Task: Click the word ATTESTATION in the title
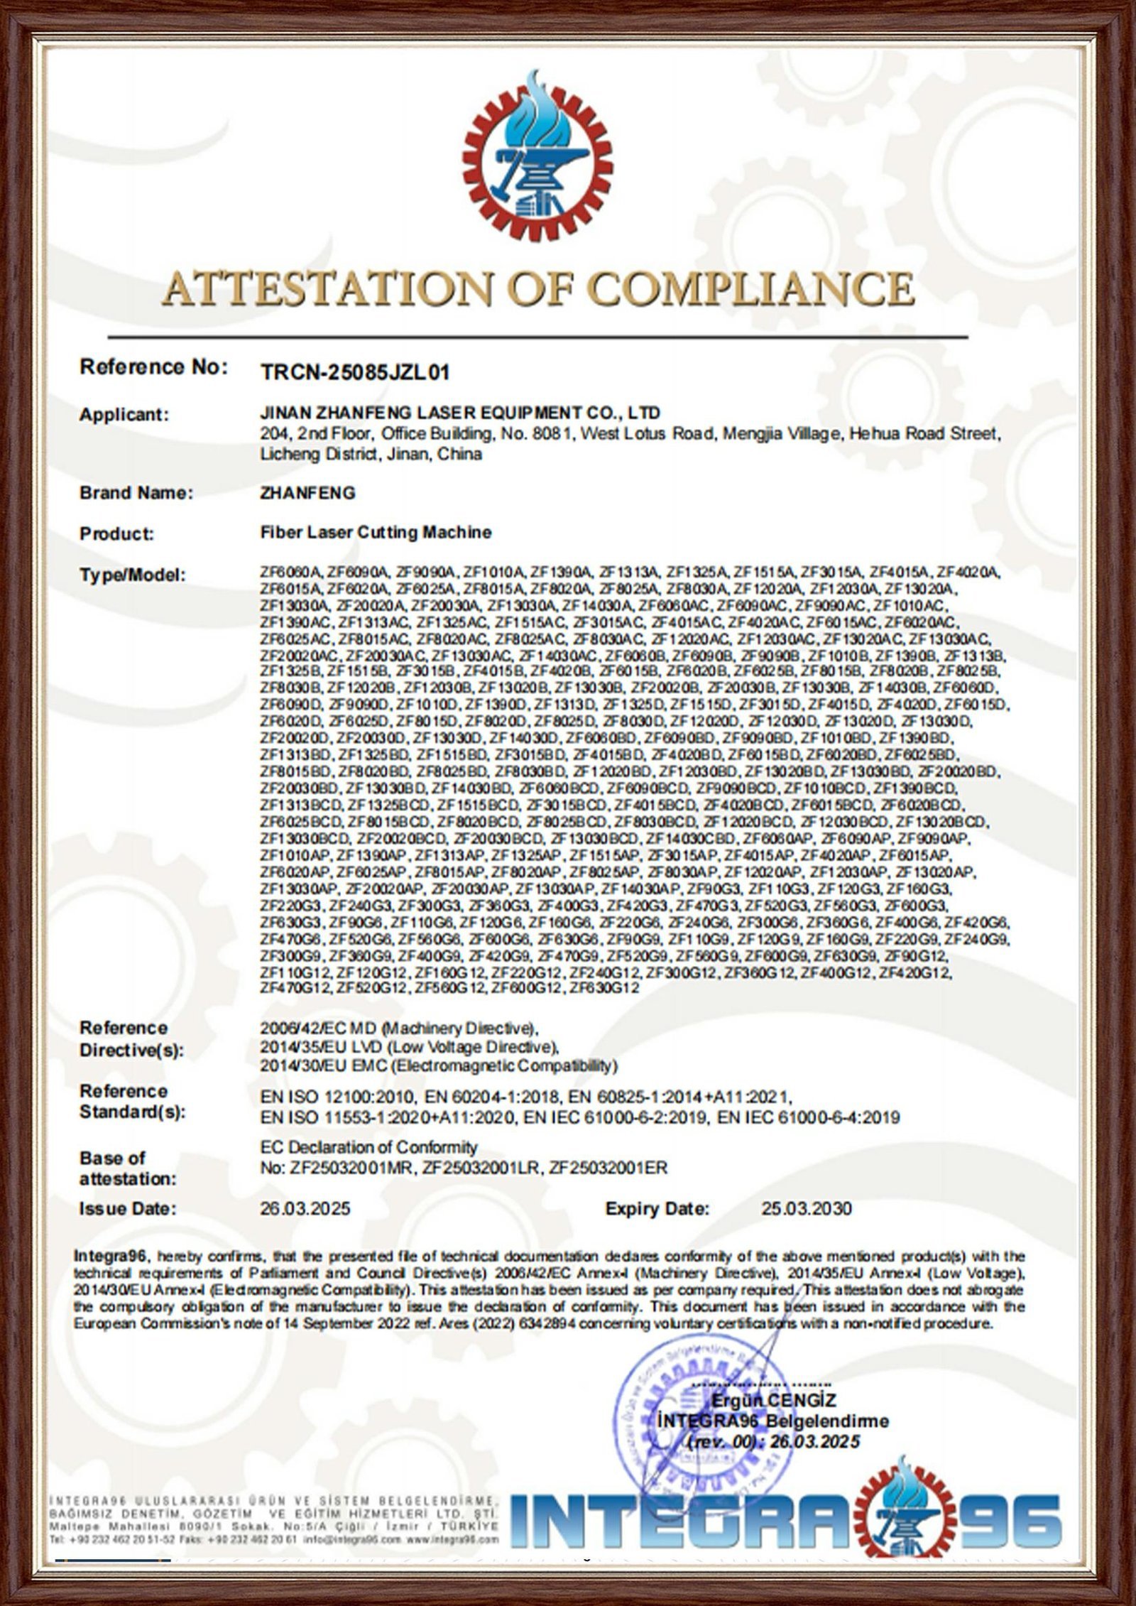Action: pyautogui.click(x=325, y=289)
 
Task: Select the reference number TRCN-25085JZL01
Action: pyautogui.click(x=356, y=371)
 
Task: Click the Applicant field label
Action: pyautogui.click(x=124, y=414)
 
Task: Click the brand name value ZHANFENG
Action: pyautogui.click(x=308, y=492)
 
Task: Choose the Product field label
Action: pyautogui.click(x=117, y=533)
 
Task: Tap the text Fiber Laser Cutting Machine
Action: pyautogui.click(x=376, y=531)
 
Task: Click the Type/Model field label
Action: pyautogui.click(x=133, y=575)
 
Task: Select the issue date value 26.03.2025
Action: pyautogui.click(x=305, y=1208)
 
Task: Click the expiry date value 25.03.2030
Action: pyautogui.click(x=807, y=1208)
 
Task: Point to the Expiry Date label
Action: pyautogui.click(x=657, y=1208)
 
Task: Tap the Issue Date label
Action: pyautogui.click(x=128, y=1208)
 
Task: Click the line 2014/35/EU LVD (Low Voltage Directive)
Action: pyautogui.click(x=410, y=1046)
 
